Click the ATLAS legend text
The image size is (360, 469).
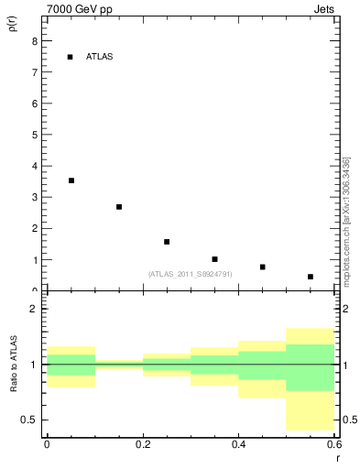pyautogui.click(x=99, y=57)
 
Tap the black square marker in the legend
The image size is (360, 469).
pyautogui.click(x=71, y=57)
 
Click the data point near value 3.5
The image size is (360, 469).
pyautogui.click(x=71, y=180)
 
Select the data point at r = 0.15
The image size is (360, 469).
pyautogui.click(x=119, y=207)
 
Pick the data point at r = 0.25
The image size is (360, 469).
pyautogui.click(x=167, y=242)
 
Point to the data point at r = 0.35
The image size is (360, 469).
pyautogui.click(x=214, y=259)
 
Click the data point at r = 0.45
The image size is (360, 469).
pyautogui.click(x=263, y=267)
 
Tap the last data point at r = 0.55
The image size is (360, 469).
pyautogui.click(x=311, y=277)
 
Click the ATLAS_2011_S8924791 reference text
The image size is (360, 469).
pyautogui.click(x=190, y=274)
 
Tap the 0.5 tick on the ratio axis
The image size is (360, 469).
pyautogui.click(x=30, y=420)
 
